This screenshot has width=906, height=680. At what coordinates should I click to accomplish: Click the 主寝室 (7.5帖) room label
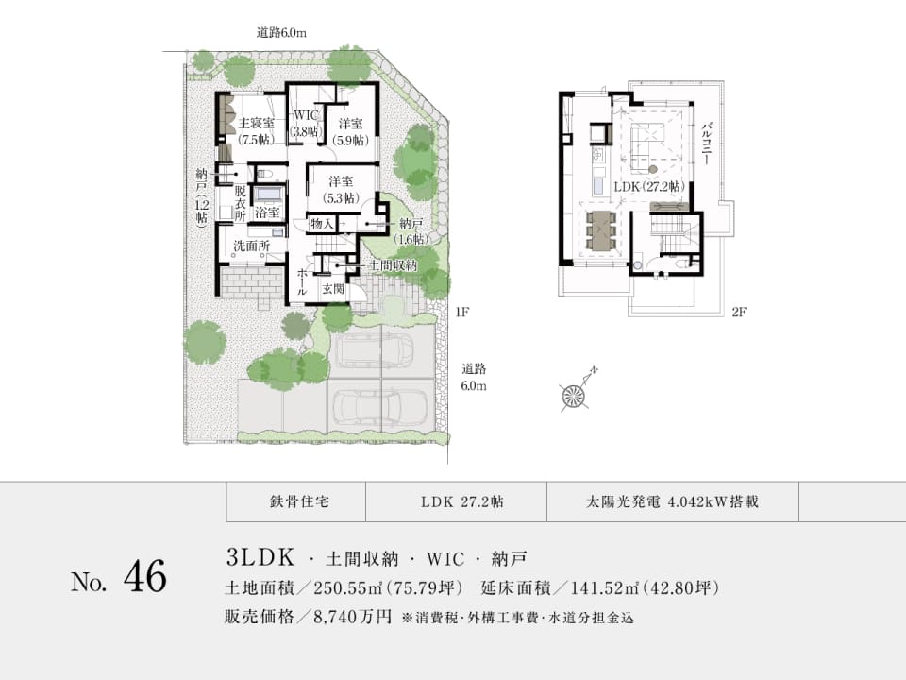(x=257, y=130)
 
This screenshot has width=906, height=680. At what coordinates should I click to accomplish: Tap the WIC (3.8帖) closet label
(x=306, y=123)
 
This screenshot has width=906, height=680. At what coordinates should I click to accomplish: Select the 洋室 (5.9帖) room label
(x=351, y=131)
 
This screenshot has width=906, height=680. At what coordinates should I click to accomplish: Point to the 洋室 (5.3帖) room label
(x=341, y=189)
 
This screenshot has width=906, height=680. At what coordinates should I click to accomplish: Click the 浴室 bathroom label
(x=267, y=212)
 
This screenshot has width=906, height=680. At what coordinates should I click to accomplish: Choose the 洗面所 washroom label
(x=251, y=246)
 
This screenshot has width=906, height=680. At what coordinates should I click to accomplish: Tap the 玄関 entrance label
(x=333, y=288)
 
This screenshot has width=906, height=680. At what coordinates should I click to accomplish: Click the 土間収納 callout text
(x=393, y=265)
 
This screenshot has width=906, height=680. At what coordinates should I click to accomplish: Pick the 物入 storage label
(x=322, y=223)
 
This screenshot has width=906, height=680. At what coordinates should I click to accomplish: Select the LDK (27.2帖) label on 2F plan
(x=649, y=186)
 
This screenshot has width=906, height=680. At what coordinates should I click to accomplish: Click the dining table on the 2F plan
(x=601, y=231)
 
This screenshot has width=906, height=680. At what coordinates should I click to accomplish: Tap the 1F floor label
(x=461, y=313)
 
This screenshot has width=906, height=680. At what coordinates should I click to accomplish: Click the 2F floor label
(x=739, y=313)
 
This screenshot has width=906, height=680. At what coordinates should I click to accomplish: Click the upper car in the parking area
(x=376, y=351)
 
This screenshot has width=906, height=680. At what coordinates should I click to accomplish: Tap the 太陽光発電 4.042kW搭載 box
(x=673, y=501)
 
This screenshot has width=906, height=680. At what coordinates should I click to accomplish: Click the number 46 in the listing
(x=145, y=576)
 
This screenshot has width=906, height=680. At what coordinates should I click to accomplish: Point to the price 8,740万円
(x=352, y=617)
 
